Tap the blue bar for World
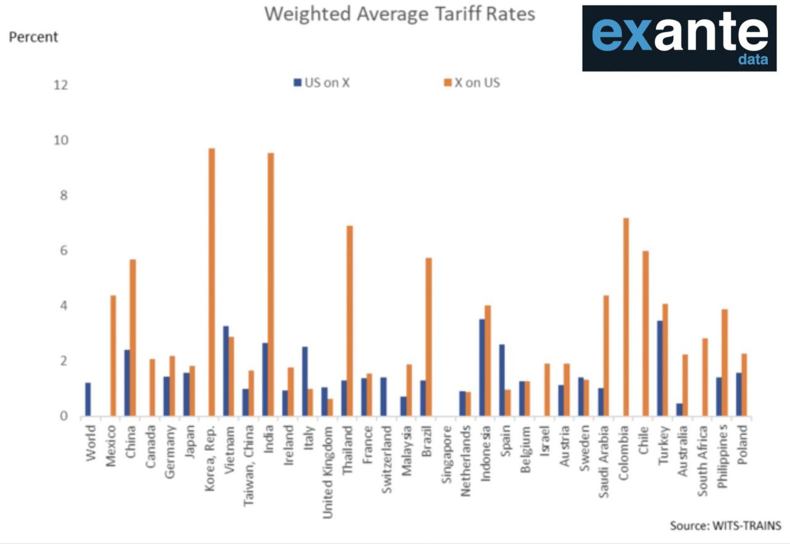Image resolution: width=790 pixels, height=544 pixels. [88, 400]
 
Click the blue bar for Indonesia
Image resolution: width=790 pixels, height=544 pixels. [481, 368]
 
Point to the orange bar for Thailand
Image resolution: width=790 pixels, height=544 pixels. [349, 321]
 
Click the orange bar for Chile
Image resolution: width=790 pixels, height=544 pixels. [646, 334]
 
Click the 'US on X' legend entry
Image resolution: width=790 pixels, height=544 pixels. [322, 83]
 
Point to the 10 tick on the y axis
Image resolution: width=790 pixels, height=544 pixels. [60, 141]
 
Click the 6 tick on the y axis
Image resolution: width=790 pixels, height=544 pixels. [60, 251]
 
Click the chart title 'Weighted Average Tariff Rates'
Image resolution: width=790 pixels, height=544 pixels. [399, 14]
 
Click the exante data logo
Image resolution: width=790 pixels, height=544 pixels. [679, 38]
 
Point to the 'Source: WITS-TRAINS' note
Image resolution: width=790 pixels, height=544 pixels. [725, 526]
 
